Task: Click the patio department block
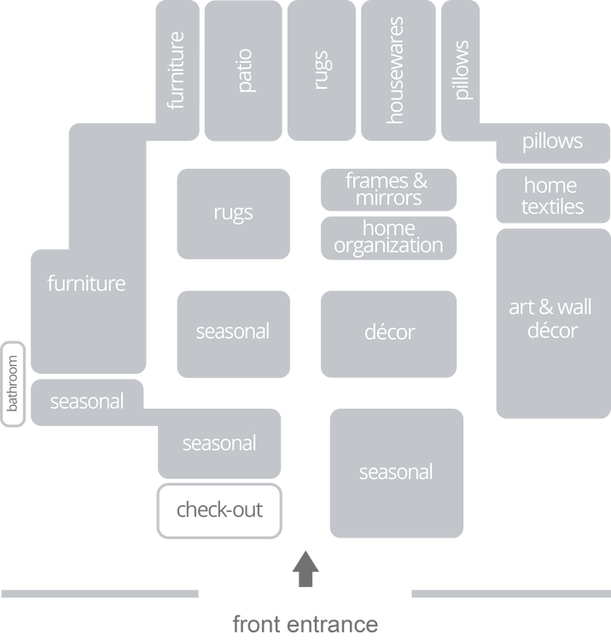(x=243, y=73)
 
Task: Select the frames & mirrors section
(x=387, y=189)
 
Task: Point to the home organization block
(x=388, y=237)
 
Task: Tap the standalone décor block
(x=388, y=332)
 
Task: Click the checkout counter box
(x=219, y=511)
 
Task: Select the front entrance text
(x=305, y=624)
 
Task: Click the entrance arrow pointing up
(x=305, y=569)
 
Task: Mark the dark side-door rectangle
(x=13, y=384)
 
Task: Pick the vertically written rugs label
(x=321, y=72)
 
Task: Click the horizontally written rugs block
(x=233, y=213)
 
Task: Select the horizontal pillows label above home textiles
(x=552, y=141)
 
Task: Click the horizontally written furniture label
(x=86, y=283)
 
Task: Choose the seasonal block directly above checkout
(x=218, y=444)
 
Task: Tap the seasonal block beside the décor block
(x=233, y=332)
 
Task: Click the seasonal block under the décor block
(x=396, y=473)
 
